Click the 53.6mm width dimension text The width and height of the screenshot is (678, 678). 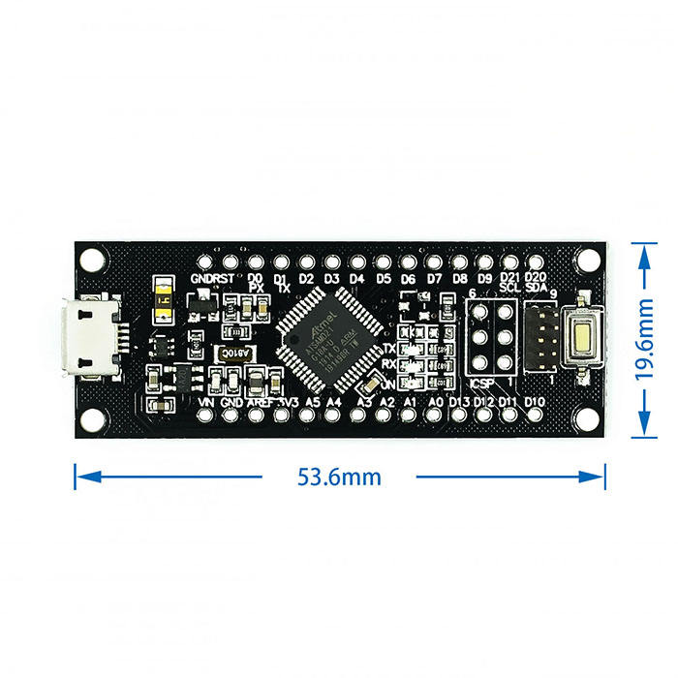click(x=339, y=477)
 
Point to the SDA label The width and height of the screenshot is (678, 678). click(x=536, y=288)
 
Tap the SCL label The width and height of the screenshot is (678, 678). click(x=510, y=288)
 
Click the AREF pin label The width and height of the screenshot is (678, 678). click(x=259, y=401)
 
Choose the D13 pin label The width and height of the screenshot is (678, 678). click(x=459, y=401)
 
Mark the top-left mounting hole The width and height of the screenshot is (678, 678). click(x=92, y=260)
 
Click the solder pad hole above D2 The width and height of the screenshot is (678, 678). click(x=306, y=262)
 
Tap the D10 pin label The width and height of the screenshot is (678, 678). click(x=534, y=401)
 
